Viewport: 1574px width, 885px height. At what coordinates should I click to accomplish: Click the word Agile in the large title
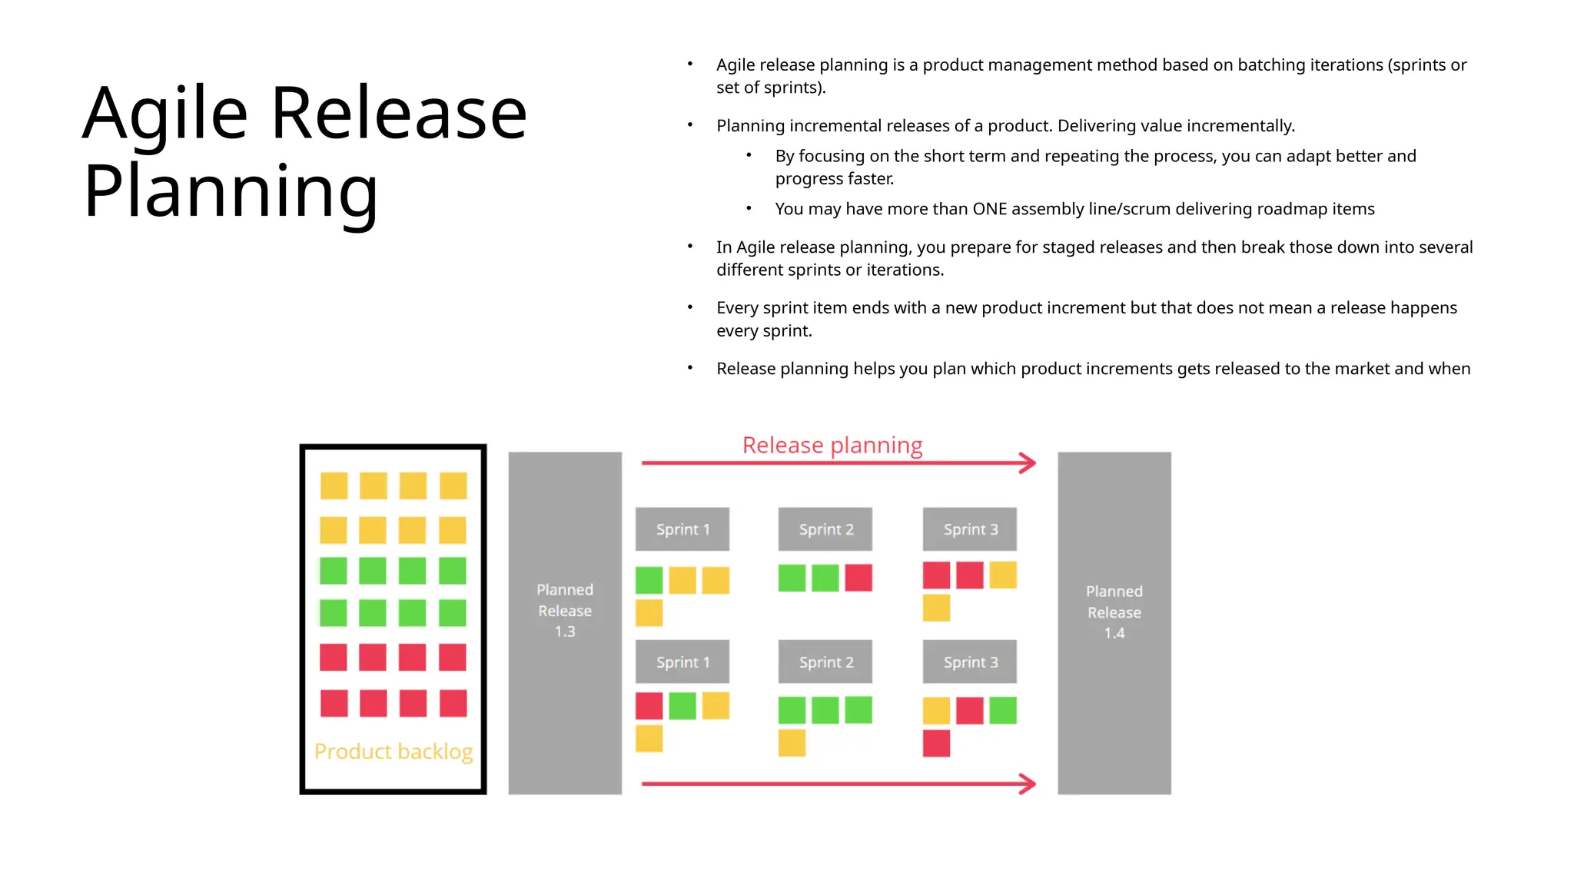pyautogui.click(x=164, y=114)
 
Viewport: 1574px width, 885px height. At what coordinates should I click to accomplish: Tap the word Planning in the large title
pyautogui.click(x=231, y=192)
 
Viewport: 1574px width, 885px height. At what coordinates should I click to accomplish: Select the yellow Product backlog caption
pyautogui.click(x=393, y=751)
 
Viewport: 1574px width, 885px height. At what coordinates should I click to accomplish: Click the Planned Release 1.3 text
pyautogui.click(x=565, y=611)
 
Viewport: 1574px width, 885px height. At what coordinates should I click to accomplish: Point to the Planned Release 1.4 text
pyautogui.click(x=1114, y=612)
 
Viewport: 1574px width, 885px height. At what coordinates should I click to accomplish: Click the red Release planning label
pyautogui.click(x=832, y=446)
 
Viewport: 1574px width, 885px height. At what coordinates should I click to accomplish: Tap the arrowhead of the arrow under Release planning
pyautogui.click(x=1028, y=462)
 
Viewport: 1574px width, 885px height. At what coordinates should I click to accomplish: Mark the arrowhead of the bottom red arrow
pyautogui.click(x=1028, y=784)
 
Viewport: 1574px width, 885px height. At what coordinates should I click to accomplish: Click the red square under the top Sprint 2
pyautogui.click(x=858, y=578)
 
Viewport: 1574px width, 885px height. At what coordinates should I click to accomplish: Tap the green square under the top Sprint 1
pyautogui.click(x=649, y=580)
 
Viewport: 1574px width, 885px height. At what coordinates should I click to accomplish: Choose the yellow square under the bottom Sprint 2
pyautogui.click(x=792, y=743)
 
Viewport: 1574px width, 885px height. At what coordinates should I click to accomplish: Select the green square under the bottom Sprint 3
pyautogui.click(x=1003, y=711)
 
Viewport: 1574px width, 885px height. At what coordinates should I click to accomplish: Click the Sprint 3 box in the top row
pyautogui.click(x=970, y=529)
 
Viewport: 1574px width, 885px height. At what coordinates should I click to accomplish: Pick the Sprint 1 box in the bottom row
pyautogui.click(x=682, y=662)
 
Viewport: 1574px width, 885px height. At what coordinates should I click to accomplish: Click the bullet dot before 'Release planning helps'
pyautogui.click(x=690, y=368)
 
